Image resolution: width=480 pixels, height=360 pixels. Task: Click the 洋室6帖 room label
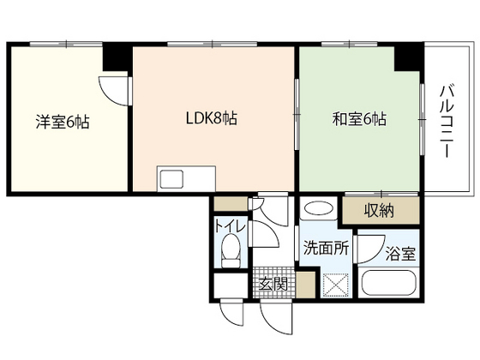[x=63, y=121]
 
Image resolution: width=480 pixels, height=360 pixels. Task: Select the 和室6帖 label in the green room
[x=359, y=119]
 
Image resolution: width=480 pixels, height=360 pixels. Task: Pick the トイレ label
[x=230, y=227]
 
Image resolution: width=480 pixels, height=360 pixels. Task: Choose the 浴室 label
[x=399, y=254]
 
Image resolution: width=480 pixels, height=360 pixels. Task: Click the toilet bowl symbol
[x=230, y=252]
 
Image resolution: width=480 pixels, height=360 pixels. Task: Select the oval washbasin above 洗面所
[x=318, y=208]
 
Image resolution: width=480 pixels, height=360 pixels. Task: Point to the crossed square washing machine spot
[x=335, y=282]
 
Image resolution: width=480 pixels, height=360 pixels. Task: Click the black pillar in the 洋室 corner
[x=114, y=58]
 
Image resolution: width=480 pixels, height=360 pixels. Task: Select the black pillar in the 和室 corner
[x=407, y=56]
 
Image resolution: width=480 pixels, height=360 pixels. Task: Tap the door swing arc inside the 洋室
[x=109, y=89]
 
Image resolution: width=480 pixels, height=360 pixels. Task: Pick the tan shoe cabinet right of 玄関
[x=305, y=284]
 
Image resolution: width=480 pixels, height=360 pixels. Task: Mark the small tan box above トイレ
[x=228, y=204]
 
